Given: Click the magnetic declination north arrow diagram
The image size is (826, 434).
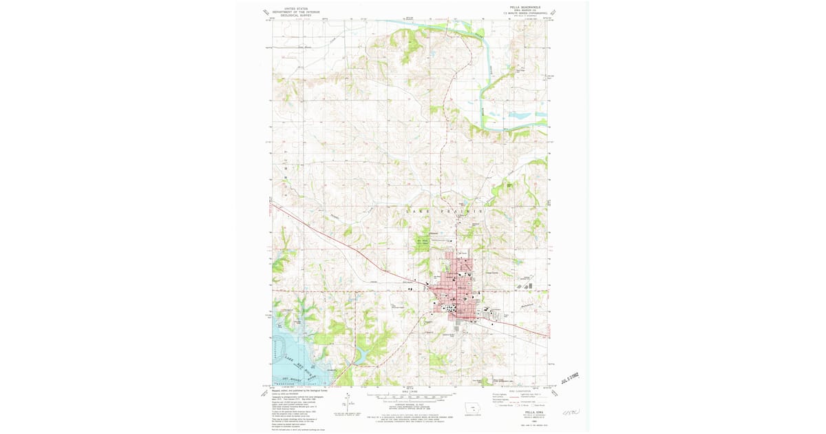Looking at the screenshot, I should [x=349, y=402].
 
